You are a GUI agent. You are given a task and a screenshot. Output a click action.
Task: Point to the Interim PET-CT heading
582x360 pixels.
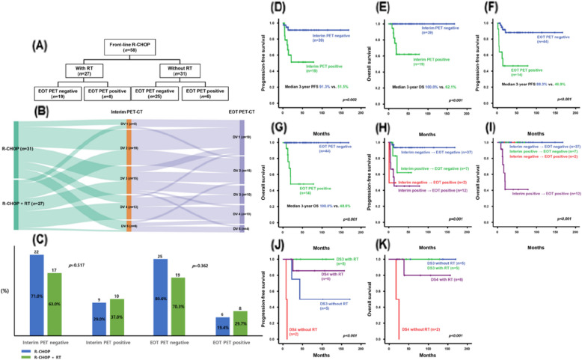pyautogui.click(x=129, y=132)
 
